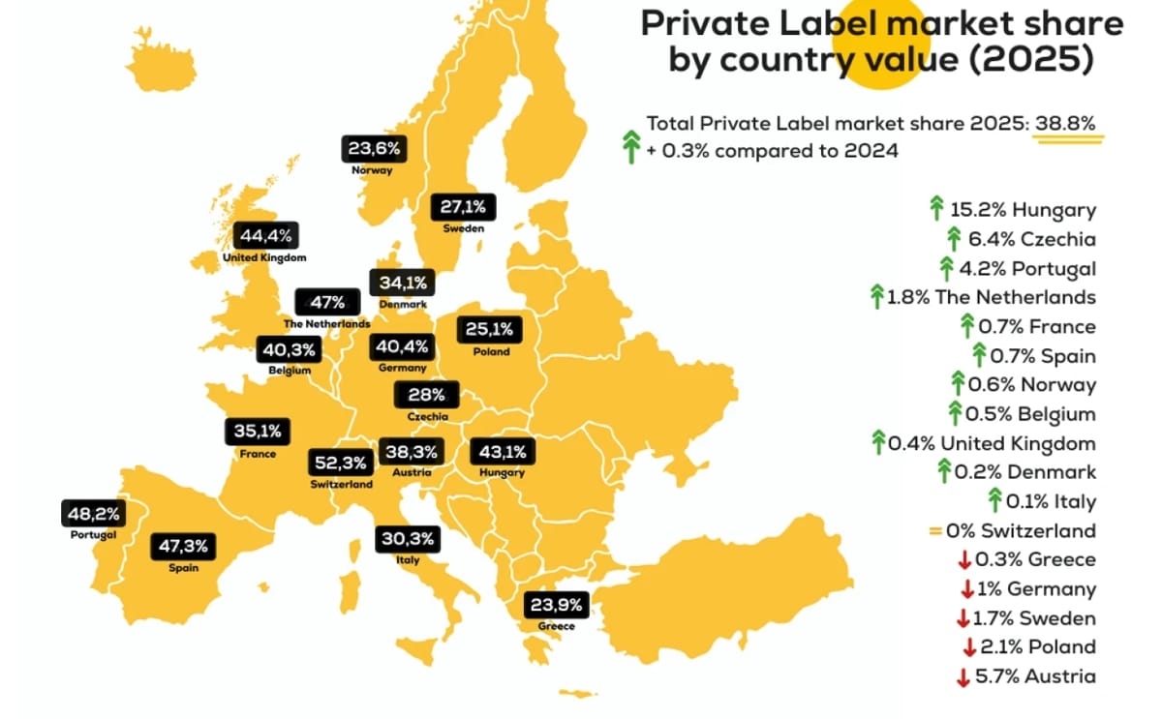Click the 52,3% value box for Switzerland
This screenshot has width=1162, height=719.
338,464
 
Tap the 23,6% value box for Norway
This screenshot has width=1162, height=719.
372,149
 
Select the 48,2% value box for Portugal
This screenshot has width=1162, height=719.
93,513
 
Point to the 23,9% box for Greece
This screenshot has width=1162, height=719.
556,606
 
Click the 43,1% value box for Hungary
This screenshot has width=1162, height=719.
502,452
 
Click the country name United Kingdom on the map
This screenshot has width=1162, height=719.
264,258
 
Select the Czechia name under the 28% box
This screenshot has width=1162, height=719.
427,416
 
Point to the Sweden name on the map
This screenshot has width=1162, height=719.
464,228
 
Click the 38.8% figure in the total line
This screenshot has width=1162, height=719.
1065,124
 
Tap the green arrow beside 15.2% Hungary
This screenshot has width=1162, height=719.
936,208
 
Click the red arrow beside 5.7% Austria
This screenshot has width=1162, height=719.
963,677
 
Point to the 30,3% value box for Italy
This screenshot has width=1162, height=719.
408,539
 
